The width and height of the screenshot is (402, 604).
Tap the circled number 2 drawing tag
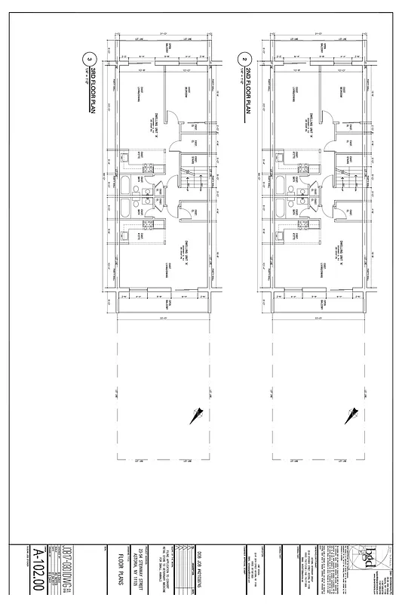pyautogui.click(x=243, y=58)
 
